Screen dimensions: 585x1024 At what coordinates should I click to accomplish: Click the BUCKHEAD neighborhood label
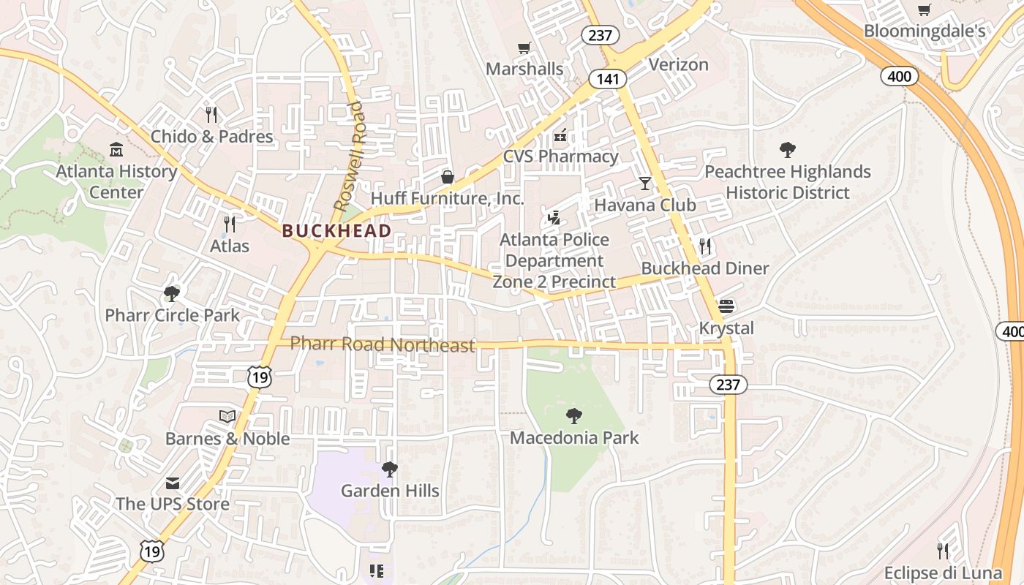pos(336,231)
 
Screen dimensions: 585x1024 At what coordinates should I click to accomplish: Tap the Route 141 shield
pos(606,79)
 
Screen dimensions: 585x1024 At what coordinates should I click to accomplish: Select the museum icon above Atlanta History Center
pos(116,150)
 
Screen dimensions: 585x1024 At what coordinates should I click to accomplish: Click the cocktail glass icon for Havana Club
pos(644,183)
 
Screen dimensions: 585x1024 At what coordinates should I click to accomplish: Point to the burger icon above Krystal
pos(726,306)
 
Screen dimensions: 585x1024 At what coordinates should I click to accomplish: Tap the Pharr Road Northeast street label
pos(383,344)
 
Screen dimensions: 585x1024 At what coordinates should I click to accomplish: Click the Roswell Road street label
pos(348,156)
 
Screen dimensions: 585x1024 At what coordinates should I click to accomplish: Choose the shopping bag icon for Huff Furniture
pos(447,176)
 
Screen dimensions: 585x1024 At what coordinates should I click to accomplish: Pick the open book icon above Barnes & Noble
pos(227,416)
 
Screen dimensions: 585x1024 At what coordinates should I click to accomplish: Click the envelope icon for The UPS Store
pos(172,483)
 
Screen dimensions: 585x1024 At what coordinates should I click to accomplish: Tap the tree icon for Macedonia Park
pos(574,416)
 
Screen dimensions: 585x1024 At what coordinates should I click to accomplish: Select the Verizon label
pos(678,64)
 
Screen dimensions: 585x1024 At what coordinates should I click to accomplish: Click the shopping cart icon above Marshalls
pos(524,48)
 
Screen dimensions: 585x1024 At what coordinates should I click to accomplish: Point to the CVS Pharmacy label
pos(560,156)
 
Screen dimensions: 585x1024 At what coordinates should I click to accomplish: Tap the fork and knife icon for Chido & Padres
pos(211,115)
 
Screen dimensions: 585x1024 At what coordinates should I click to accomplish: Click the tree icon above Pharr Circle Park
pos(172,294)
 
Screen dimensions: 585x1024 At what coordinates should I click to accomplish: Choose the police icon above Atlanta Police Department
pos(554,218)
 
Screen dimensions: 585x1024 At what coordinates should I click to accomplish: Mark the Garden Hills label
pos(390,491)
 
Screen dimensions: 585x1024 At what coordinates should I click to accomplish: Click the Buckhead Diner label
pos(704,268)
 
